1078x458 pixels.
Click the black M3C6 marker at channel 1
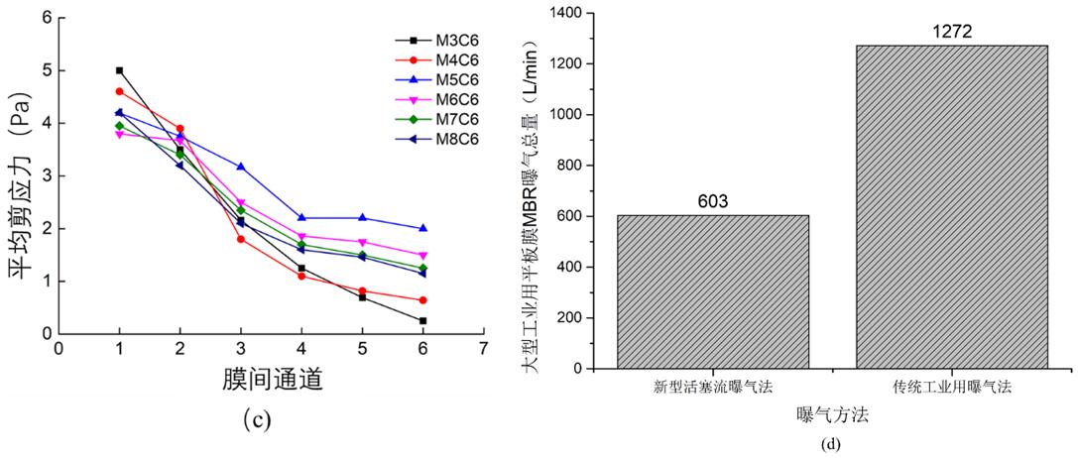pos(119,70)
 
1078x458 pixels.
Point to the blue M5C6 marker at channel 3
pos(241,167)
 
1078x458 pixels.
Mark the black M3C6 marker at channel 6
pos(422,320)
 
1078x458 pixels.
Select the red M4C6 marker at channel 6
pos(422,299)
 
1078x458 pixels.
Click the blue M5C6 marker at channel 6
pos(422,228)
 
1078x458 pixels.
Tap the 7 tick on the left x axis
pos(483,350)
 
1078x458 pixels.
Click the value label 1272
pos(951,32)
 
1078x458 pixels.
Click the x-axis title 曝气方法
pos(832,417)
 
